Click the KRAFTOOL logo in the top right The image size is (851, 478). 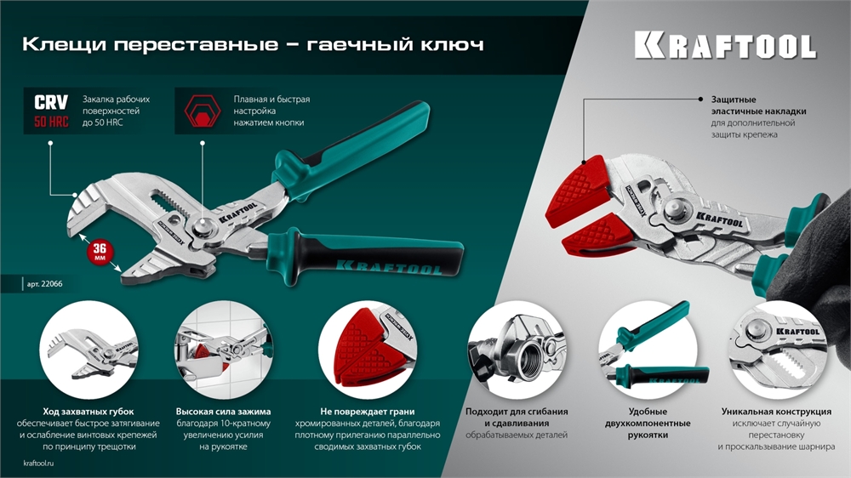724,45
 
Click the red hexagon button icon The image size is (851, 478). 202,111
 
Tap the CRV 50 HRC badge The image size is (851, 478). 51,111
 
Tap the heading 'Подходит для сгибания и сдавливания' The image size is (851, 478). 517,417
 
